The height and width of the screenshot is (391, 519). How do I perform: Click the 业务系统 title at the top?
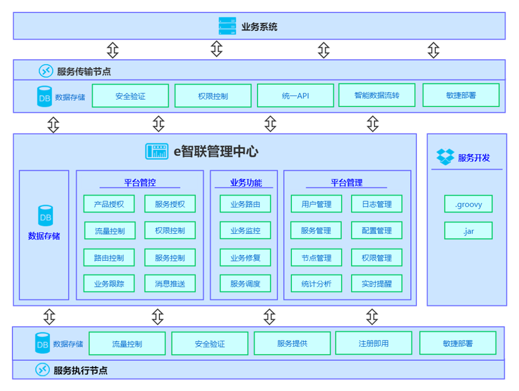click(259, 26)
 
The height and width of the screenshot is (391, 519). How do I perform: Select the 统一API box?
click(295, 96)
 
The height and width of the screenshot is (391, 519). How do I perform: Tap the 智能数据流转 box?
click(377, 95)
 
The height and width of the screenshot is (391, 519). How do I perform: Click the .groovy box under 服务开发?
click(468, 204)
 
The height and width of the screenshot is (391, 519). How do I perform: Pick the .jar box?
click(468, 231)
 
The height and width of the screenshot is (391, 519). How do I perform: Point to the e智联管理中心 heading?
click(216, 151)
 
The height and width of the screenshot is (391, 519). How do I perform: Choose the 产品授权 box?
click(109, 204)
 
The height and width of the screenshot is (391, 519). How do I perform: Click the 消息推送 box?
click(170, 283)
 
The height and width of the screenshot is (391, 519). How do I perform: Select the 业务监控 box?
click(245, 230)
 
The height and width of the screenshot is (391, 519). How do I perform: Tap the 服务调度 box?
click(245, 283)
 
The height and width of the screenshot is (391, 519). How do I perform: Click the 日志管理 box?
click(376, 204)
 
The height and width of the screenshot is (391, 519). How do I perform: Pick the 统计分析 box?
click(316, 283)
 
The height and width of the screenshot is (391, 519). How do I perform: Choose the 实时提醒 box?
click(376, 283)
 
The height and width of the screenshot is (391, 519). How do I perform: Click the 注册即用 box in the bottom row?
click(373, 343)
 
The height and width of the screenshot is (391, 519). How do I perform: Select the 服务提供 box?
click(292, 343)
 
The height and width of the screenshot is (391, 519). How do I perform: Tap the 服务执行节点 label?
click(80, 370)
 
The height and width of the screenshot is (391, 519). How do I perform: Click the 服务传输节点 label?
click(84, 72)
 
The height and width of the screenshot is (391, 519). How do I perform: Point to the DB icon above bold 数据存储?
click(45, 216)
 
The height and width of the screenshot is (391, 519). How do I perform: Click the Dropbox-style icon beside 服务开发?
click(445, 157)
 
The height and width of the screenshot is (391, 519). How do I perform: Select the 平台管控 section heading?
click(140, 183)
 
